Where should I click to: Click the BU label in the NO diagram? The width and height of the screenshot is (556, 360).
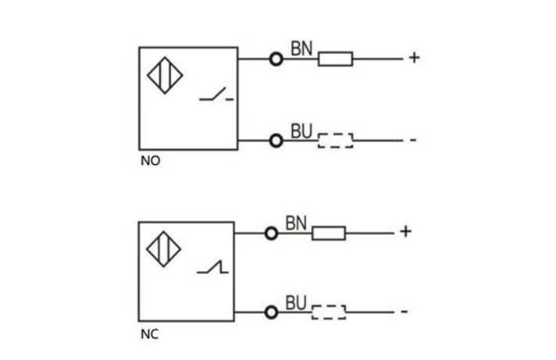pyautogui.click(x=301, y=131)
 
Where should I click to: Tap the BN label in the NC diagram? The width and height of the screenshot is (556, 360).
pyautogui.click(x=296, y=223)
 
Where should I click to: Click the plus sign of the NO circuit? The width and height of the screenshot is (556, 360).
pyautogui.click(x=414, y=58)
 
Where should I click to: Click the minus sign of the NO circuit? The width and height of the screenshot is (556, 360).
pyautogui.click(x=413, y=141)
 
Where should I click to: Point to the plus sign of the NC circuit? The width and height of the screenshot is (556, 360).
pyautogui.click(x=405, y=232)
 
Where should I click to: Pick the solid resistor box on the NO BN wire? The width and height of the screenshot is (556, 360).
pyautogui.click(x=335, y=59)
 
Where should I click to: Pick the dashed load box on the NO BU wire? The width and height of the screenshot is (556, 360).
pyautogui.click(x=335, y=141)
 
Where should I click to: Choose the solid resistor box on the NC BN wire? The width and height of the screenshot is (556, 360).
pyautogui.click(x=329, y=233)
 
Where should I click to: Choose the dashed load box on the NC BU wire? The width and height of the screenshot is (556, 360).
pyautogui.click(x=329, y=313)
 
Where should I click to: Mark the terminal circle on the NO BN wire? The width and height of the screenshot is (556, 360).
pyautogui.click(x=276, y=59)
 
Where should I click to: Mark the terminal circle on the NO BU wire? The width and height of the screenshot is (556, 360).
pyautogui.click(x=276, y=141)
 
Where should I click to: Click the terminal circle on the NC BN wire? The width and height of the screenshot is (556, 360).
pyautogui.click(x=271, y=233)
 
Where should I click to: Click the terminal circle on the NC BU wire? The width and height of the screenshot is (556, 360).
pyautogui.click(x=271, y=312)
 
